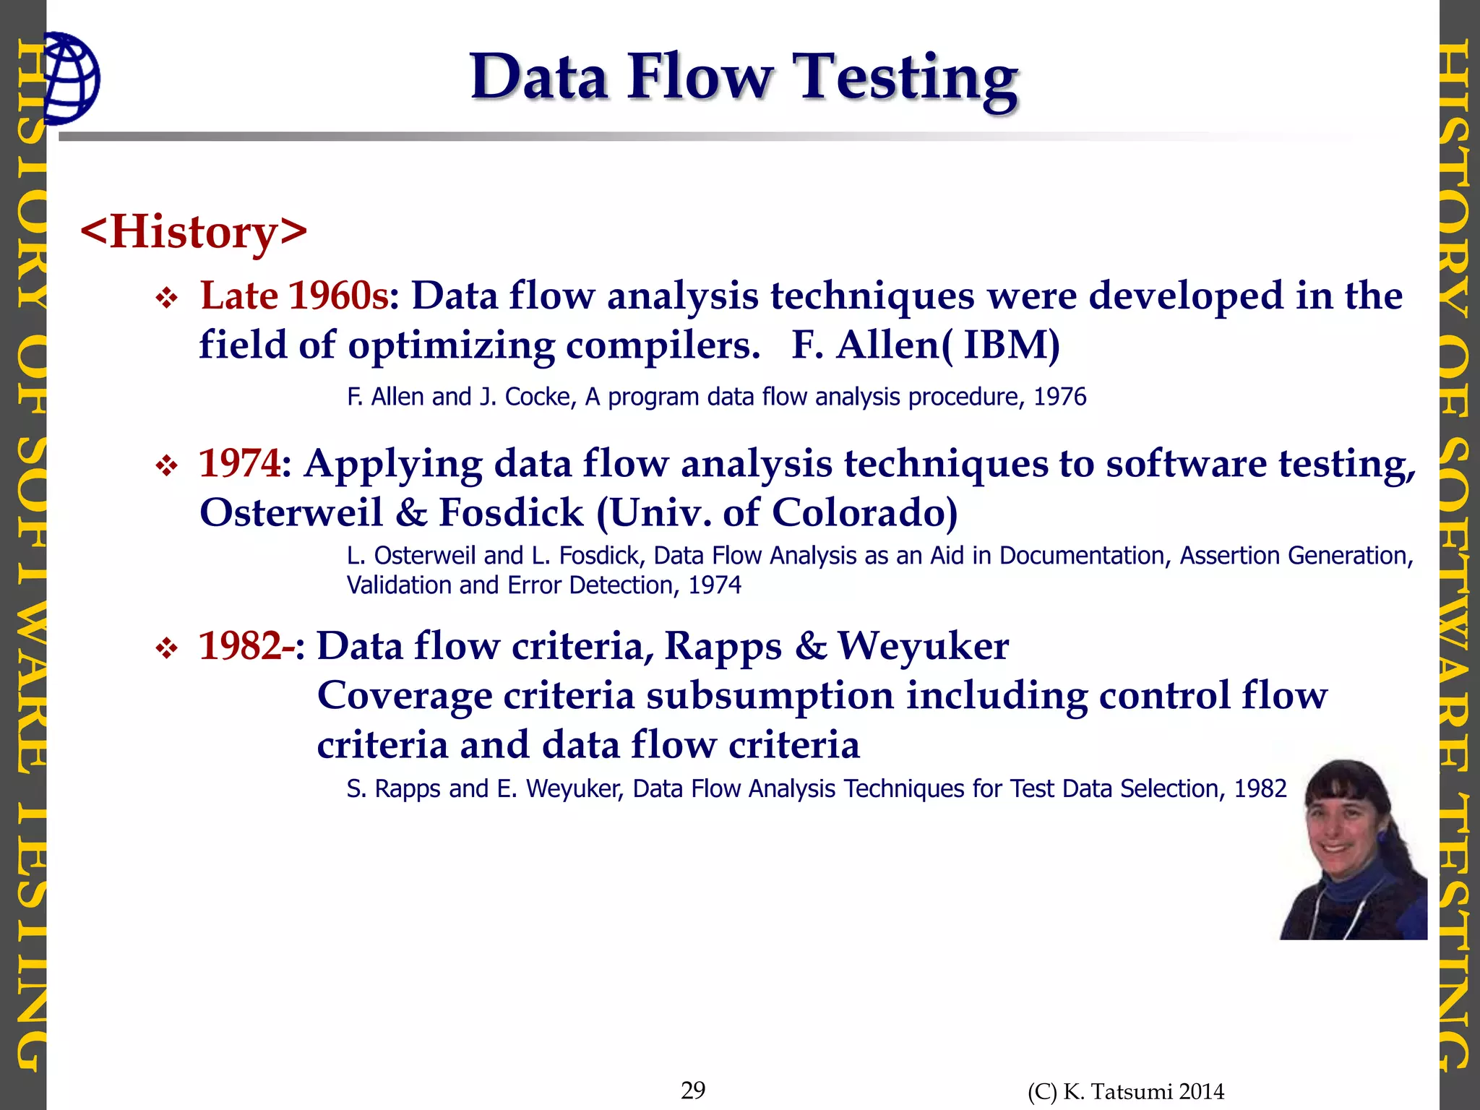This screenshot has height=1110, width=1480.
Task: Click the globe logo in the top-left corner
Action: coord(71,78)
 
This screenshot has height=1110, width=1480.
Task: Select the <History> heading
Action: coord(194,232)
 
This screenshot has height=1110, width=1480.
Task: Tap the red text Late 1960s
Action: coord(294,296)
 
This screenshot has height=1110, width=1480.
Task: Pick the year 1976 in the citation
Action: coord(1059,397)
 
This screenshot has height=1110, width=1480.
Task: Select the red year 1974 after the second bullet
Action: coord(239,463)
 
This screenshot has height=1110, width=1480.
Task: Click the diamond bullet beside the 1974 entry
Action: coord(167,466)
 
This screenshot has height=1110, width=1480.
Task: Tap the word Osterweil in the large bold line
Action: coord(291,512)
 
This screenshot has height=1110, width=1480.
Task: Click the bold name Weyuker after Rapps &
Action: coord(923,645)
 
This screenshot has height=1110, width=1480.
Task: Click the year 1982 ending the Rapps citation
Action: coord(1260,788)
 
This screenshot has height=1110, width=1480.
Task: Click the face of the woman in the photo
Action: coord(1343,824)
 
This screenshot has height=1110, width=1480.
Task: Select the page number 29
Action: coord(693,1090)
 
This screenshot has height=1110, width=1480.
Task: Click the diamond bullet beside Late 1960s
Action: coord(167,298)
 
